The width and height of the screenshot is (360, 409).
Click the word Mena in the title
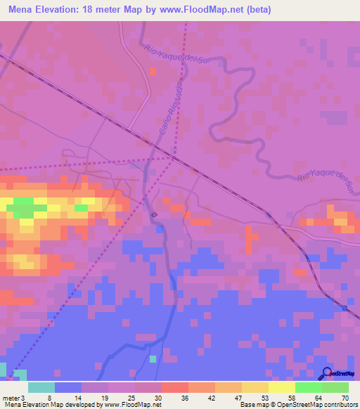click(x=23, y=10)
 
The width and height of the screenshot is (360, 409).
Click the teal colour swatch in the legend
click(x=41, y=387)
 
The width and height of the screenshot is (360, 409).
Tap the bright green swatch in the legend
click(x=308, y=387)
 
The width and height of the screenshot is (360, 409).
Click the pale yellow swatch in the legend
click(x=281, y=387)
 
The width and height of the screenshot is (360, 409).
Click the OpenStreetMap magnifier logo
click(x=327, y=373)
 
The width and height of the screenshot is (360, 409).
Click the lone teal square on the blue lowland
click(x=153, y=358)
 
